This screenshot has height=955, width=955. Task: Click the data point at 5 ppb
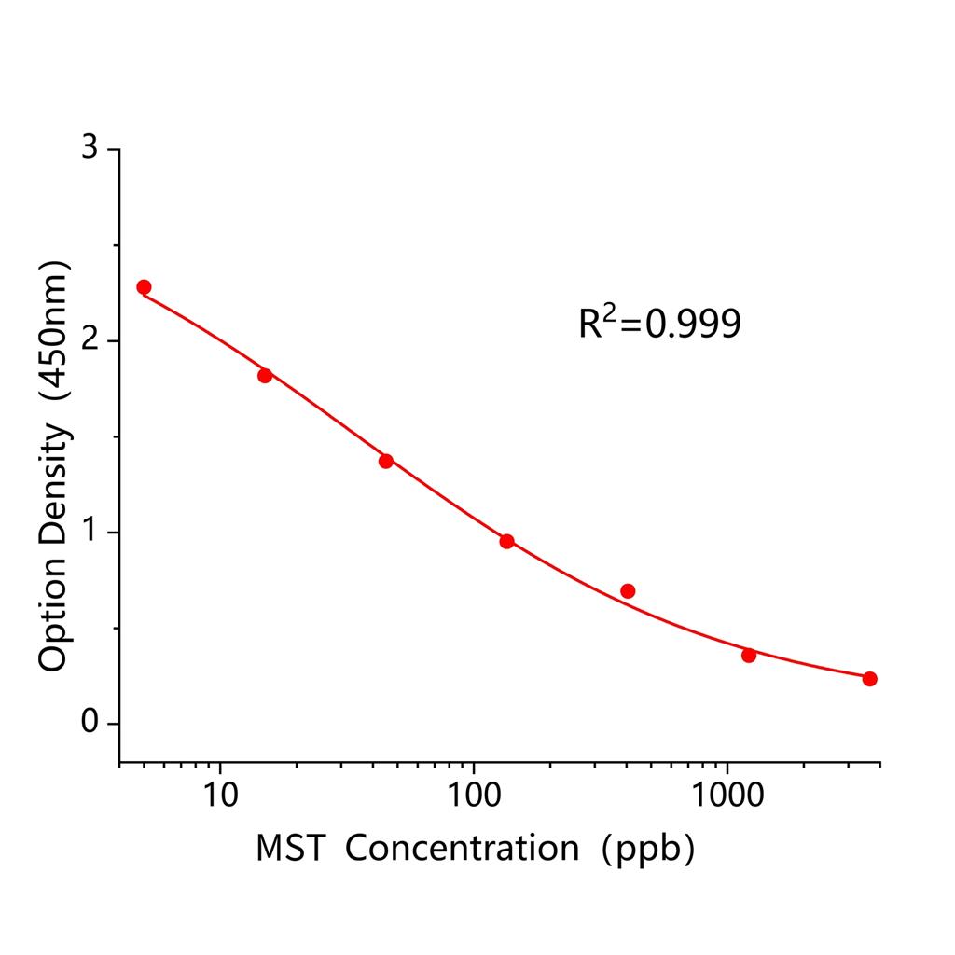coord(144,287)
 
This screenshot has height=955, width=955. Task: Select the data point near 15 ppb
coord(265,375)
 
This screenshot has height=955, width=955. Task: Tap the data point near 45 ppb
coord(386,461)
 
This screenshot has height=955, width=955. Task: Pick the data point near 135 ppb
coord(506,541)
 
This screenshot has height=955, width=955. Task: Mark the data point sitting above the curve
coord(628,591)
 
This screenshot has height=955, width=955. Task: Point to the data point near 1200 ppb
coord(749,655)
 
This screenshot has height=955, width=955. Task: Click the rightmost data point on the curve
coord(869,679)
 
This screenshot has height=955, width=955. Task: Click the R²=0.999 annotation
coord(659,323)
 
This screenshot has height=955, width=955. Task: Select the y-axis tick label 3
coord(90,150)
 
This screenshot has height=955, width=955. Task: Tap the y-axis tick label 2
coord(90,341)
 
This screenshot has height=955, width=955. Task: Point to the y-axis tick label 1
coord(90,533)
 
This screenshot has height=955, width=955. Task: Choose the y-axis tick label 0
coord(90,724)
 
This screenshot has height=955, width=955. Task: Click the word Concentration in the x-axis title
coord(463,848)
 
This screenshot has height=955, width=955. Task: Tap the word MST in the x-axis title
coord(290,848)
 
